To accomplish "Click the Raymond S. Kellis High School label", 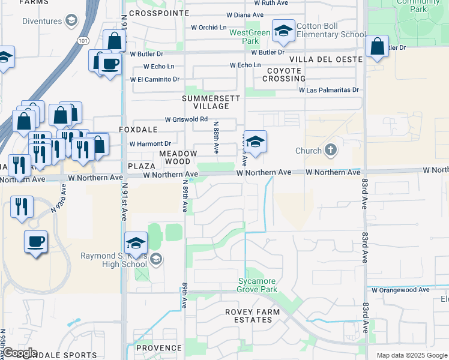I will point(113,260).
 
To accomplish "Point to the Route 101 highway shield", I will point(82,41).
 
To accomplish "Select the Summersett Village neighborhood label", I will point(211,102).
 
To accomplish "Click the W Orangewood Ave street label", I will point(400,290).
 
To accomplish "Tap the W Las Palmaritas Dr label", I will point(329,90).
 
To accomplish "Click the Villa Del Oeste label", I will point(326,59).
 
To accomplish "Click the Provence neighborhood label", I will point(158,348).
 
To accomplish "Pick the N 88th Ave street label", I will point(216,137).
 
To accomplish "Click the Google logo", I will point(20,353).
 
